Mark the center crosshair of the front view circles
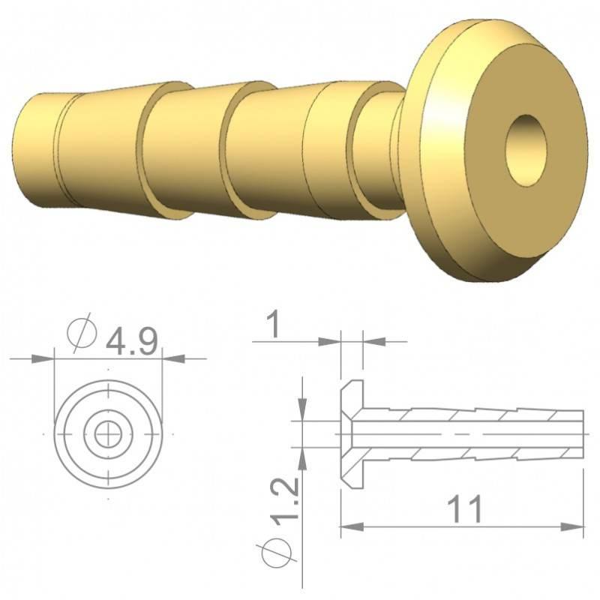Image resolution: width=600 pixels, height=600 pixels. [x=109, y=433]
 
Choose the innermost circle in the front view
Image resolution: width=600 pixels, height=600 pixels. [x=109, y=433]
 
